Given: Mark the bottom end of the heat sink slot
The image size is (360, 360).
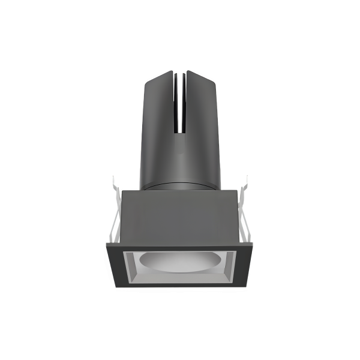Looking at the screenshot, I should [x=181, y=133].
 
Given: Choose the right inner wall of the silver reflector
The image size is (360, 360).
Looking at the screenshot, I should [x=231, y=267].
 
